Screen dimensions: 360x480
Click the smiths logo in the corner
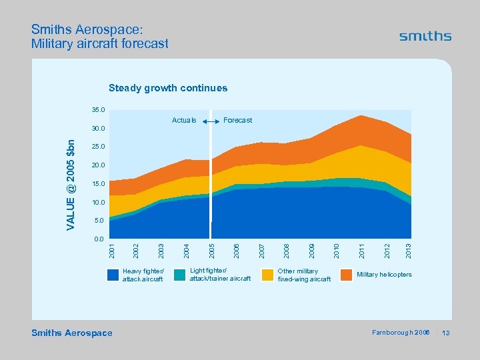(425, 37)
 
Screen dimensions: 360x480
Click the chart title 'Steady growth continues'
(168, 88)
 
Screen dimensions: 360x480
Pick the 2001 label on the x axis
(112, 251)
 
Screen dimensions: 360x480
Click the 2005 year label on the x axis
(211, 251)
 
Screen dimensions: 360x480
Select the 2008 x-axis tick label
(285, 251)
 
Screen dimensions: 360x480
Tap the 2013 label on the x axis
(409, 251)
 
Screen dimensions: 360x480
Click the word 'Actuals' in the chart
(184, 121)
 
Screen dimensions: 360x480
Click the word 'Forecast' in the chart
(238, 121)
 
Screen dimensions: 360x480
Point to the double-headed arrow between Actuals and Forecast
(211, 121)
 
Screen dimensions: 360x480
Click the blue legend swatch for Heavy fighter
(114, 275)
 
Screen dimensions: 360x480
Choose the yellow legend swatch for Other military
(267, 275)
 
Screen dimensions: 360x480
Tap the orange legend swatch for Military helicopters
(347, 275)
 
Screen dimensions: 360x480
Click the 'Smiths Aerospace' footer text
(72, 333)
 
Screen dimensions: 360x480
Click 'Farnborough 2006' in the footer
(400, 333)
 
